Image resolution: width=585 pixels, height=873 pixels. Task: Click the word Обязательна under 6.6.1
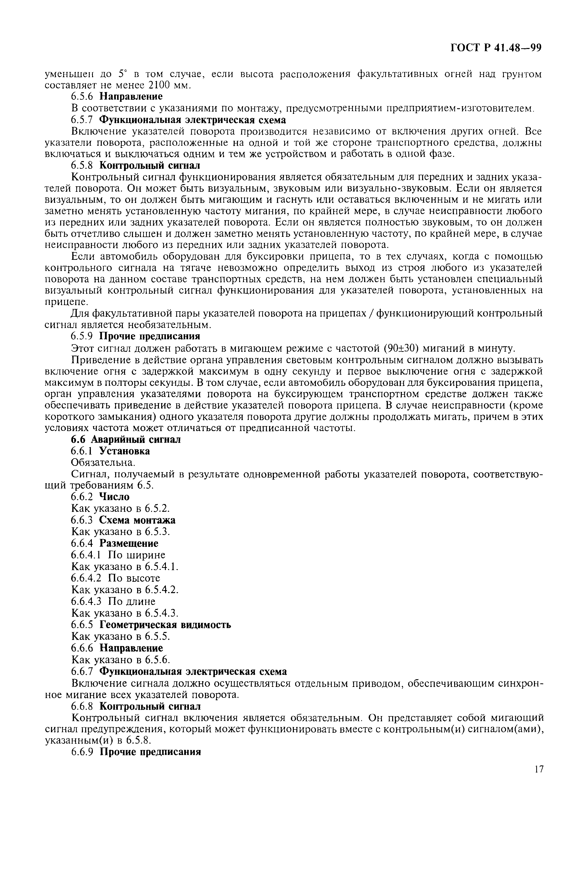tap(102, 463)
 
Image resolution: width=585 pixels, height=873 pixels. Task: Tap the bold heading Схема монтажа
tap(137, 520)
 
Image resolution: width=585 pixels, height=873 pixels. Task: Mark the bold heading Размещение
tap(129, 543)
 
